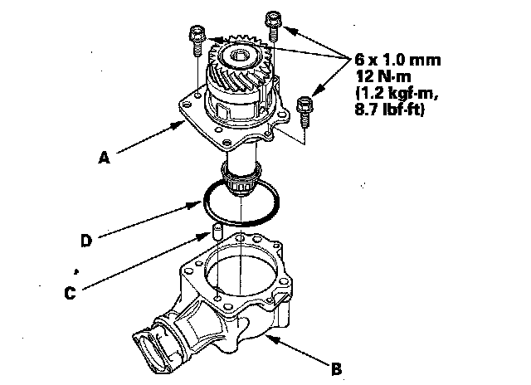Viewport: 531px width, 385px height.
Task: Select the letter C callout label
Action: coord(71,291)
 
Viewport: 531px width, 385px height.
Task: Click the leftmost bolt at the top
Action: coord(197,37)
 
